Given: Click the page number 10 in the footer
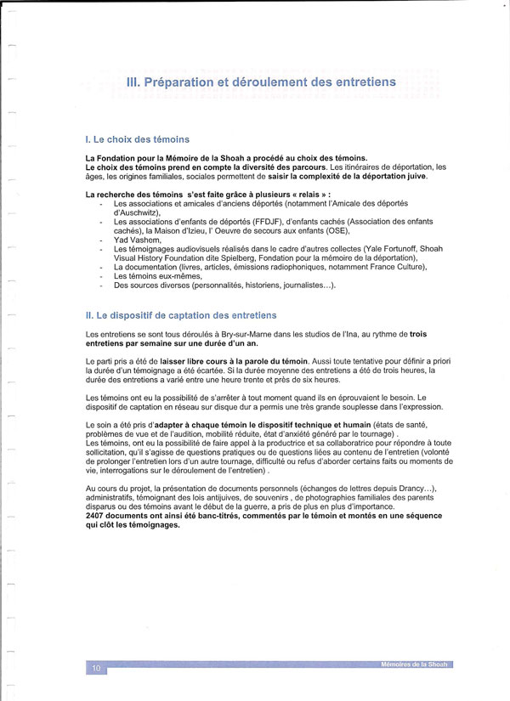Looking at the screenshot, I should pyautogui.click(x=96, y=670).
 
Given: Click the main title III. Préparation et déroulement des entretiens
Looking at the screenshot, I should pyautogui.click(x=260, y=82).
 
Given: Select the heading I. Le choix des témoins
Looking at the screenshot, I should pyautogui.click(x=137, y=139).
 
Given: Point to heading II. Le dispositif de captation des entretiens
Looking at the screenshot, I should pyautogui.click(x=181, y=316).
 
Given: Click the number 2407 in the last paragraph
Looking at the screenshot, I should pyautogui.click(x=99, y=517).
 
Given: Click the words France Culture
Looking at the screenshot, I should pyautogui.click(x=396, y=267).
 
